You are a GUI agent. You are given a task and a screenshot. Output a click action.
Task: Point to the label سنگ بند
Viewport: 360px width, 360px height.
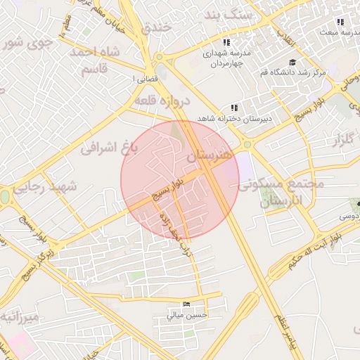click(227, 15)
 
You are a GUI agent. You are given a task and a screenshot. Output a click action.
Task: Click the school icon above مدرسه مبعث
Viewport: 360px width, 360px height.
click(341, 23)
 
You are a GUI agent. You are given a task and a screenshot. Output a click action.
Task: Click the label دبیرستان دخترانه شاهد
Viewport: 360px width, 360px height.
click(231, 118)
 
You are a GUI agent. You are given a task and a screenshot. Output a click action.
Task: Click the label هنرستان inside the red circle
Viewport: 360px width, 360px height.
click(210, 157)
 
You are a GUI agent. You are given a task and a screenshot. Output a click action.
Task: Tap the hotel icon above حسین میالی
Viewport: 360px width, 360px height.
click(186, 304)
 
